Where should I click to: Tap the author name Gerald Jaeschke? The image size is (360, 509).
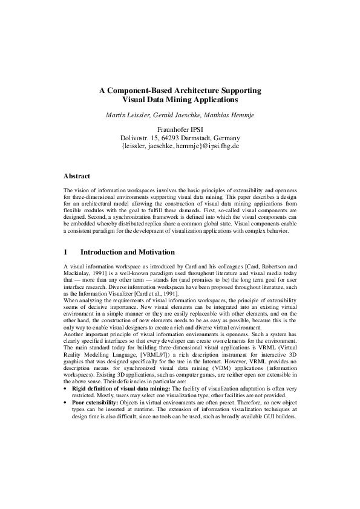coord(177,114)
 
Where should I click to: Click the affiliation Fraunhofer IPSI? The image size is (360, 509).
coord(180,129)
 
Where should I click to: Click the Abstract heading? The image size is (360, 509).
coord(77,177)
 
